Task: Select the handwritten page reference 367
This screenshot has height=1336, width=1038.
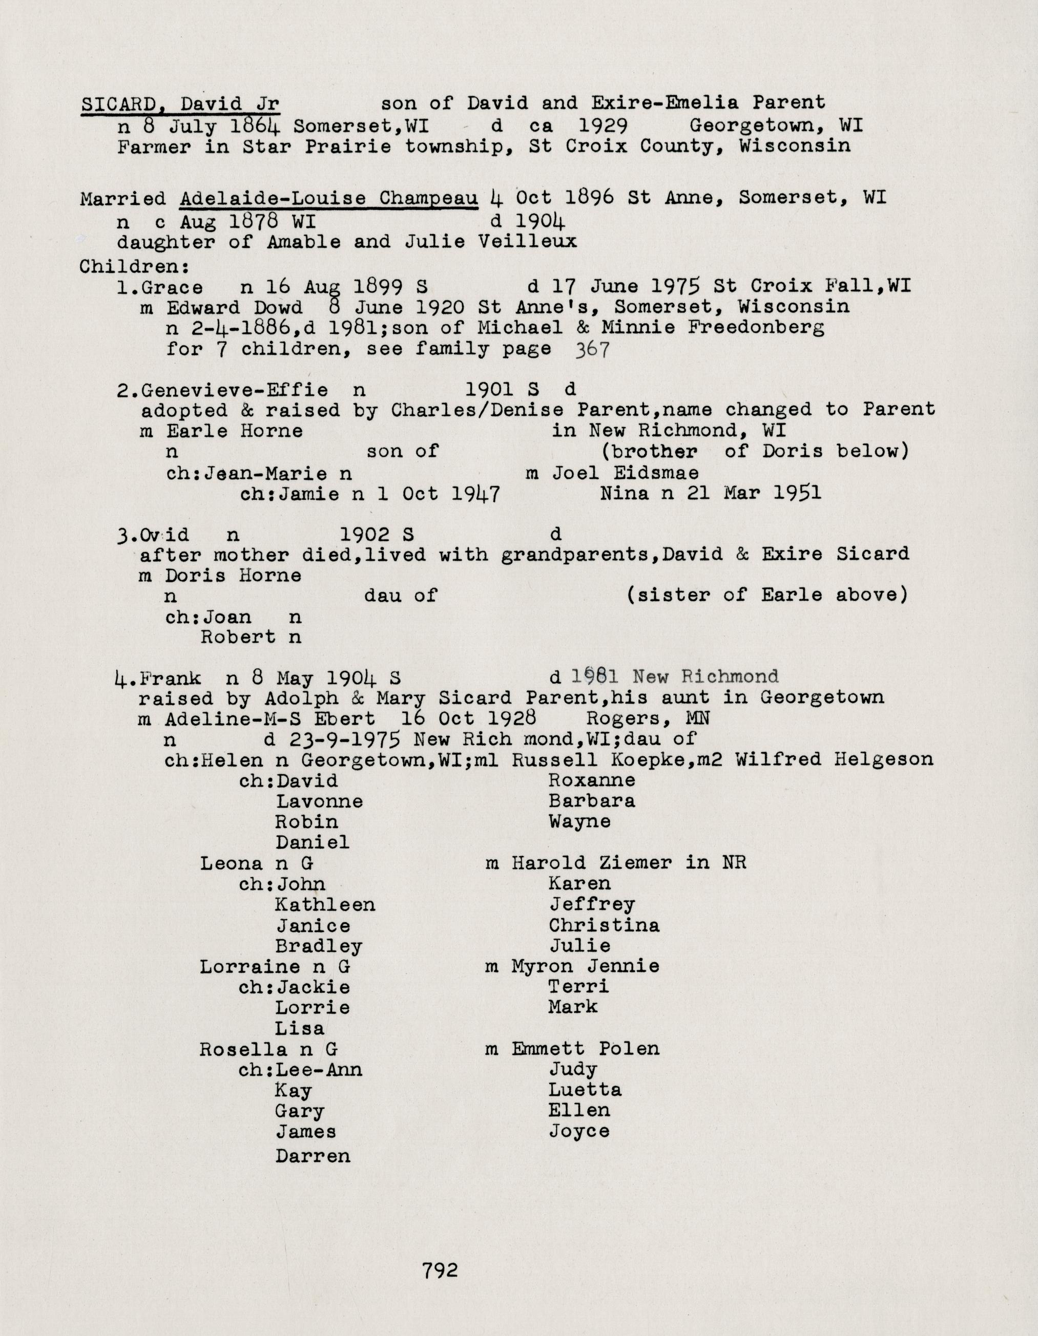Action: pos(592,350)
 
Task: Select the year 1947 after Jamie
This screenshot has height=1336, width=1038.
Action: pos(476,494)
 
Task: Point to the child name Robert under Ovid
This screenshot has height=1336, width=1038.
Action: pos(238,638)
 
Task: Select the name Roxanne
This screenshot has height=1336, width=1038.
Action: pos(591,780)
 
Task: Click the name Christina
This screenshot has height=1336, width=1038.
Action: pos(604,925)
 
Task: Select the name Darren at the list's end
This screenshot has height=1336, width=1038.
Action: pos(313,1156)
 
